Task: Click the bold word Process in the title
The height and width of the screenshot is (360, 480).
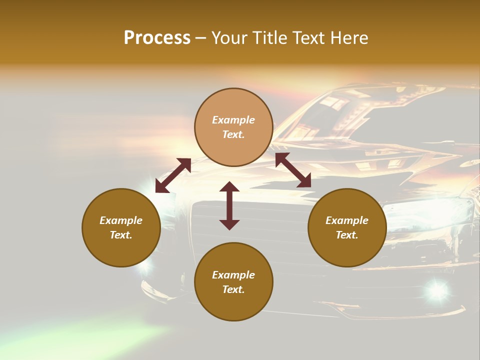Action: (x=157, y=38)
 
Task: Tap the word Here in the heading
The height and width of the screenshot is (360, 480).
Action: (x=349, y=38)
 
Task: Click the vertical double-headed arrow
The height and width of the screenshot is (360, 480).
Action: (x=229, y=205)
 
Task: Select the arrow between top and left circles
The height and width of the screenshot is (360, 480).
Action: (x=173, y=175)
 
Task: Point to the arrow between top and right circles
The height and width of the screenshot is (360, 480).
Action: (x=293, y=170)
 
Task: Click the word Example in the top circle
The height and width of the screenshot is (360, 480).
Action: (x=233, y=120)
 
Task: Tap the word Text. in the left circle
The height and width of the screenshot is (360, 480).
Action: (x=121, y=235)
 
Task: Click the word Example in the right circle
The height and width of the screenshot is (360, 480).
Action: (x=347, y=220)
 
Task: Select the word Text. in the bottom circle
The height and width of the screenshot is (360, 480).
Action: (x=233, y=289)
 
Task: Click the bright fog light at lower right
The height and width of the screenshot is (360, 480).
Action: (x=437, y=289)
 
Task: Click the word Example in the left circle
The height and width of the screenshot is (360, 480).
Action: (x=121, y=220)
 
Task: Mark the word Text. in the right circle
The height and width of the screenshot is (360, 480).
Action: (x=347, y=235)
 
